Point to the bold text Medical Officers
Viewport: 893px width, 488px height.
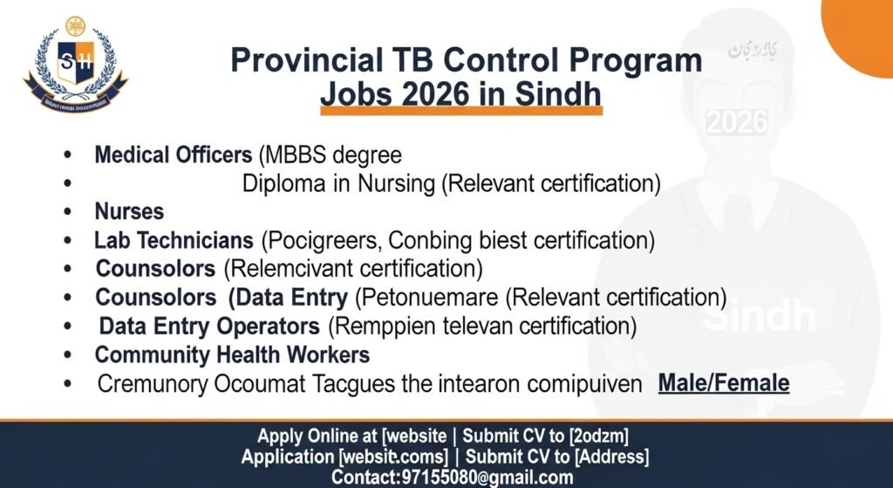click(x=173, y=155)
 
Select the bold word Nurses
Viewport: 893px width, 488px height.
click(x=129, y=211)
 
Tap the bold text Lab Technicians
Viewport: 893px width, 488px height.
click(x=174, y=239)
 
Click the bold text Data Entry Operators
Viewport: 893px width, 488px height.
click(x=209, y=326)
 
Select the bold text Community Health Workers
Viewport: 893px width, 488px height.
click(x=232, y=355)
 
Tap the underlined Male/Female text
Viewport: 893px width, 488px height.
click(x=724, y=382)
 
